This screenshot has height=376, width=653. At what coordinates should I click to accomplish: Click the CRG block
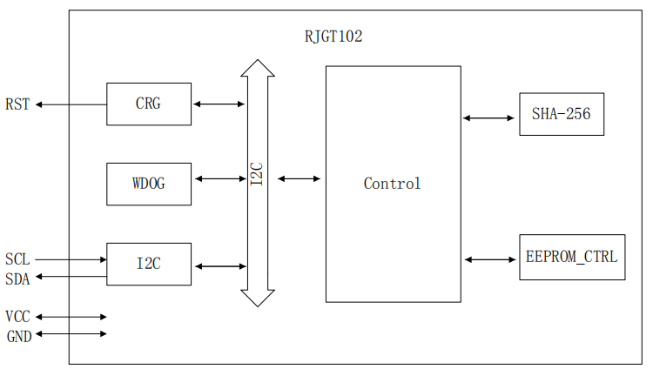[149, 104]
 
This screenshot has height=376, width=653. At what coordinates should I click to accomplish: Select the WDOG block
[149, 184]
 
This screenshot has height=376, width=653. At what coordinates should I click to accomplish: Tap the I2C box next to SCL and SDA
[149, 264]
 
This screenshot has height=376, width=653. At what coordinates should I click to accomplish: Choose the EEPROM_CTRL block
[572, 257]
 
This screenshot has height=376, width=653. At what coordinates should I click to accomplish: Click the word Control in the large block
[392, 184]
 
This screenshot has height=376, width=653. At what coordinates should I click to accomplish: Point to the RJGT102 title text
[333, 37]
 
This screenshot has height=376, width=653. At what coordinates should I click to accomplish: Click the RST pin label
[17, 104]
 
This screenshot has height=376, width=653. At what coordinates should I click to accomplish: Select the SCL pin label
[17, 259]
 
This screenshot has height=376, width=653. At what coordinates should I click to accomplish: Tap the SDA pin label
[17, 279]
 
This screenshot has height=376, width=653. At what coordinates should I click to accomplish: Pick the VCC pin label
[17, 317]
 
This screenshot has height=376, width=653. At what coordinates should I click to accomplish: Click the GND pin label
[18, 336]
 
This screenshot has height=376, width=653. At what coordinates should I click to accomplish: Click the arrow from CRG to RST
[71, 104]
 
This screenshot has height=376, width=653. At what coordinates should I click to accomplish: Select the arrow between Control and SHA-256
[489, 117]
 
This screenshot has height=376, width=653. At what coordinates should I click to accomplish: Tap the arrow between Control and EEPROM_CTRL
[490, 258]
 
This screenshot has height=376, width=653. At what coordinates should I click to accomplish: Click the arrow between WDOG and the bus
[219, 179]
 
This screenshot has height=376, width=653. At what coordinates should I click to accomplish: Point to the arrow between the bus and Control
[299, 179]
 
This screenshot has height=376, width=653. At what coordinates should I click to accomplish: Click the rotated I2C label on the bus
[258, 174]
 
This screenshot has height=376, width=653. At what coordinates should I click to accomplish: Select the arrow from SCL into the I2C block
[70, 258]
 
